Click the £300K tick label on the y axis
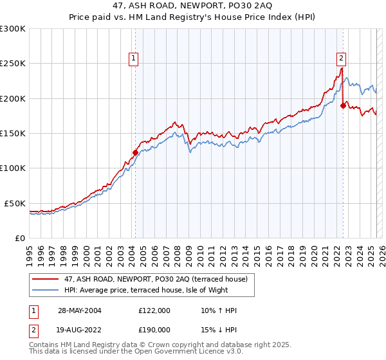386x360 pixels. click(13, 29)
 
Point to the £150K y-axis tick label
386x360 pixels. click(13, 133)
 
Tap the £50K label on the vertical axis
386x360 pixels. click(15, 203)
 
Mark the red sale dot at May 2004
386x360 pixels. click(135, 153)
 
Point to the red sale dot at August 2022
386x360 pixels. click(343, 105)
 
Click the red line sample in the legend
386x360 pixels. click(46, 278)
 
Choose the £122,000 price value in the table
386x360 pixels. click(154, 310)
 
